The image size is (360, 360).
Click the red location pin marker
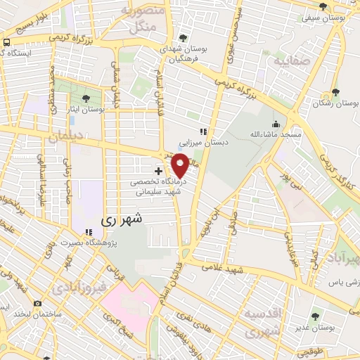[x=180, y=165]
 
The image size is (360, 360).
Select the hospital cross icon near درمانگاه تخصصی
[x=158, y=170]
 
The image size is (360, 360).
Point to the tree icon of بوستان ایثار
[x=86, y=98]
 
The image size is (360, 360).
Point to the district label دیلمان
[x=67, y=135]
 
